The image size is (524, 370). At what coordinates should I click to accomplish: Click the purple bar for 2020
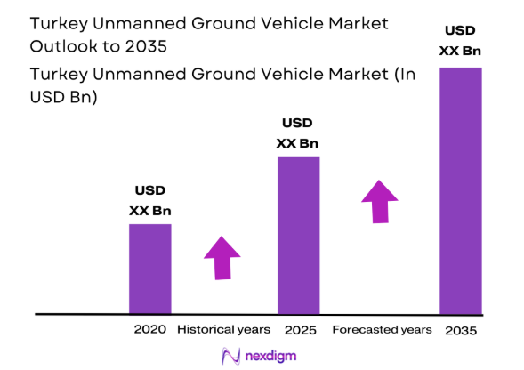pyautogui.click(x=149, y=269)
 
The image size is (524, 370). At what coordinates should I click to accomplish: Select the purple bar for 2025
pyautogui.click(x=298, y=235)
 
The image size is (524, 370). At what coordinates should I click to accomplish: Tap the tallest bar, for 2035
pyautogui.click(x=460, y=190)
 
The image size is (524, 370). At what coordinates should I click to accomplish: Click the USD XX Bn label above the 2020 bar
pyautogui.click(x=149, y=200)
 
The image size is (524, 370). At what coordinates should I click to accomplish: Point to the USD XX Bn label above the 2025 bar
pyautogui.click(x=298, y=133)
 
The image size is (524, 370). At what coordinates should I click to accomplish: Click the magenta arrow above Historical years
pyautogui.click(x=222, y=259)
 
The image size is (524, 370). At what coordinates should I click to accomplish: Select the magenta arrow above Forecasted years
pyautogui.click(x=379, y=201)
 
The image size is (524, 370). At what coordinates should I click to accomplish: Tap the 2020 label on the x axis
pyautogui.click(x=150, y=329)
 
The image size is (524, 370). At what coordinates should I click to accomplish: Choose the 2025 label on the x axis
pyautogui.click(x=299, y=330)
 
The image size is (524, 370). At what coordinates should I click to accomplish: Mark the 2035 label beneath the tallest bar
pyautogui.click(x=460, y=330)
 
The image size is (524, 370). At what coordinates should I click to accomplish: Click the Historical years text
pyautogui.click(x=223, y=329)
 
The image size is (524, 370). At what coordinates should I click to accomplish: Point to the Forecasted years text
pyautogui.click(x=382, y=329)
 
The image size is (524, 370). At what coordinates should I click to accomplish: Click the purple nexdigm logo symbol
pyautogui.click(x=230, y=356)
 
